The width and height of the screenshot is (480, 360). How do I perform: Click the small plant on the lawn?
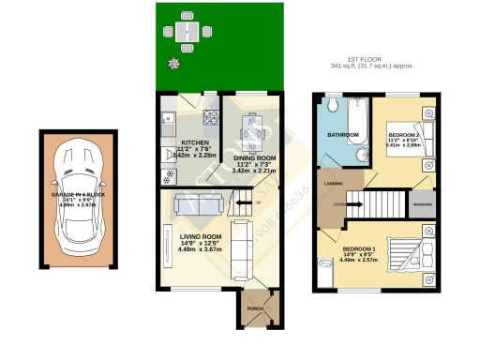click(x=172, y=63)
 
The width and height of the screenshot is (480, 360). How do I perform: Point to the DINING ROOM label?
click(x=253, y=158)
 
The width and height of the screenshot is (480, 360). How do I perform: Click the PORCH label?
click(x=253, y=307)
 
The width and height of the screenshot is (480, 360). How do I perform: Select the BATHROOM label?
click(x=343, y=135)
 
